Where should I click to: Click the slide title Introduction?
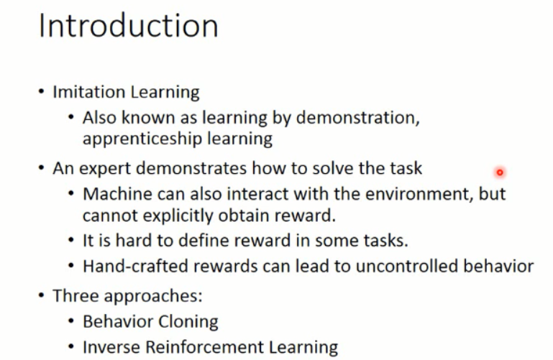point(129,25)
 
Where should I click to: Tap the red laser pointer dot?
point(500,172)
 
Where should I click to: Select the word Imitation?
point(89,92)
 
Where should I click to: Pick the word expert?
point(105,169)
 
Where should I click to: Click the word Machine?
point(117,194)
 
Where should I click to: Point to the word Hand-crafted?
point(135,267)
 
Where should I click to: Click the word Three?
point(76,295)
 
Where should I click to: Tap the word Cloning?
point(188,322)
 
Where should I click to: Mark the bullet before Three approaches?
point(41,295)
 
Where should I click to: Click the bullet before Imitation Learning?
point(41,91)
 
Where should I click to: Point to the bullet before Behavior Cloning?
point(71,321)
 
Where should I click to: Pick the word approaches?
point(153,296)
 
